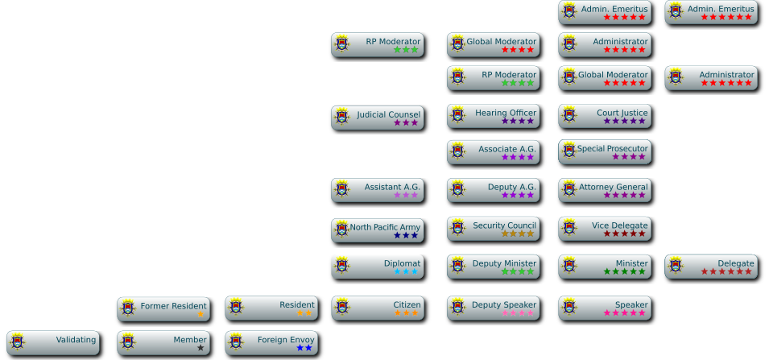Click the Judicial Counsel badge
pos(377,118)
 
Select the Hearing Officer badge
pos(493,117)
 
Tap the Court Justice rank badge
pos(604,117)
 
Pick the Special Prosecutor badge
pos(604,152)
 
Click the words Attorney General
pos(613,187)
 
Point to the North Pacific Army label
pos(385,227)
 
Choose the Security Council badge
pos(493,229)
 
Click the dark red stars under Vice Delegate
pos(625,234)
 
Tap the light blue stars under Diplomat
pos(406,272)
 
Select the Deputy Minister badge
pos(493,267)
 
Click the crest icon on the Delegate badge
pos(676,265)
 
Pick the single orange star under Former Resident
pos(201,314)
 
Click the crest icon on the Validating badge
pos(18,341)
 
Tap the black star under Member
pos(201,348)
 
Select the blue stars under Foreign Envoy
pos(304,348)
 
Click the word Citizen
pos(407,304)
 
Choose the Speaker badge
pos(604,308)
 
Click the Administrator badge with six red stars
pos(711,78)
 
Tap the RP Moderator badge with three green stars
pos(377,44)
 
